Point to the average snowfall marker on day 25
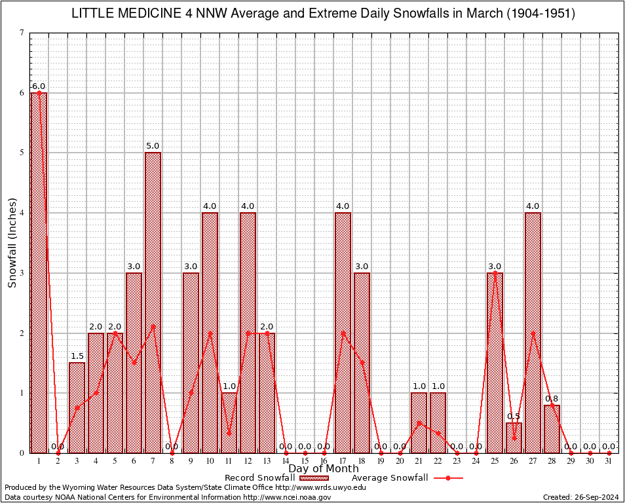(495, 273)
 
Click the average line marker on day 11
(229, 433)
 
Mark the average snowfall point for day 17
(343, 333)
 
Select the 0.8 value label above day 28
(552, 398)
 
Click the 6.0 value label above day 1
(39, 86)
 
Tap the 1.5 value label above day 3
(77, 356)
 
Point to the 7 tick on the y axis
(22, 33)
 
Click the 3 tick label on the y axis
(22, 273)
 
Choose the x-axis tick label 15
(305, 461)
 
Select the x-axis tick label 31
(609, 461)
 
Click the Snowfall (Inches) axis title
(12, 242)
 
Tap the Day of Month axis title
(324, 469)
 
